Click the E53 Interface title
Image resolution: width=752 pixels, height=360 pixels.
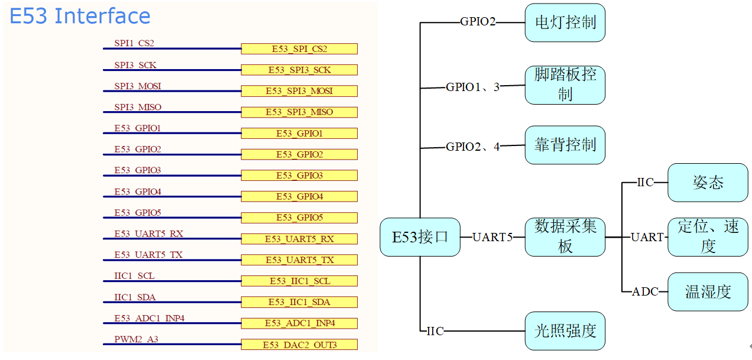(80, 16)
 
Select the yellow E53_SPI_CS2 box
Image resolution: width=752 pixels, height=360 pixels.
(299, 49)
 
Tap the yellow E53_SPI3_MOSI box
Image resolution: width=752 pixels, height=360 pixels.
(299, 91)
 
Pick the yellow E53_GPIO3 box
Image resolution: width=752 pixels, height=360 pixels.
(299, 176)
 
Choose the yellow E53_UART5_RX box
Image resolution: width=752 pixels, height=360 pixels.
(299, 239)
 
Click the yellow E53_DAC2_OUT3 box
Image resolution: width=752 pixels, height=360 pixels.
(299, 345)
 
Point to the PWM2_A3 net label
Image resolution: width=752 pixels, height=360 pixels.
(137, 339)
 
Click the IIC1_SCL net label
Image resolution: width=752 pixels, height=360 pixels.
(135, 276)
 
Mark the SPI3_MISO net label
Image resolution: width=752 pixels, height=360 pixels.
(138, 107)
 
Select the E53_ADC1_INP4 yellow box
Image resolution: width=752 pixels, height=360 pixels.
(299, 323)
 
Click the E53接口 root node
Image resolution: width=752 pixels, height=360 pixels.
(420, 237)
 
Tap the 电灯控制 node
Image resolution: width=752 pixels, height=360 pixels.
(565, 22)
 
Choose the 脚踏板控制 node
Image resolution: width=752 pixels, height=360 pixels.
(565, 85)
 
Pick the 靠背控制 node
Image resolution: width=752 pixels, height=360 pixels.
(565, 145)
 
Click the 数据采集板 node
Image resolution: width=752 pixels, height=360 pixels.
(565, 236)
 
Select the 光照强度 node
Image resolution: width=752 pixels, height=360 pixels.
(565, 331)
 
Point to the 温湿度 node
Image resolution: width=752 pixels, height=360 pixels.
(708, 291)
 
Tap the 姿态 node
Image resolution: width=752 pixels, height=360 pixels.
(708, 183)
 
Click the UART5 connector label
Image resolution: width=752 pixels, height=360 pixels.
(492, 237)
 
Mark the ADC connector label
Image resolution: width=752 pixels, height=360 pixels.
(645, 291)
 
